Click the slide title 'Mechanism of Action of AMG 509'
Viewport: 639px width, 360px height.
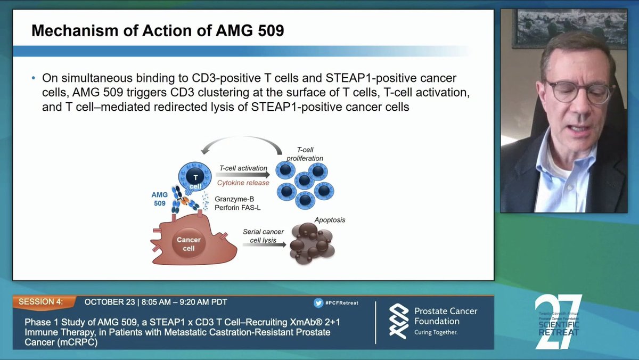pyautogui.click(x=158, y=30)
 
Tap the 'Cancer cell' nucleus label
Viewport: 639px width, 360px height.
pyautogui.click(x=189, y=243)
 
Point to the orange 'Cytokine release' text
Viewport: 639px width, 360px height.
pyautogui.click(x=243, y=183)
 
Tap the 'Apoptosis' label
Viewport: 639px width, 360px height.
pyautogui.click(x=330, y=219)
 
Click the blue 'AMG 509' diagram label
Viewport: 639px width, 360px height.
pyautogui.click(x=160, y=199)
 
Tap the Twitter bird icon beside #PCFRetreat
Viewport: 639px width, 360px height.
pyautogui.click(x=319, y=302)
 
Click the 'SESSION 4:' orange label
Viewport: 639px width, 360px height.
pyautogui.click(x=40, y=302)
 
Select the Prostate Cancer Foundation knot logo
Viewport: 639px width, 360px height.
pyautogui.click(x=399, y=321)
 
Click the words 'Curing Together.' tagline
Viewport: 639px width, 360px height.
pyautogui.click(x=436, y=332)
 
